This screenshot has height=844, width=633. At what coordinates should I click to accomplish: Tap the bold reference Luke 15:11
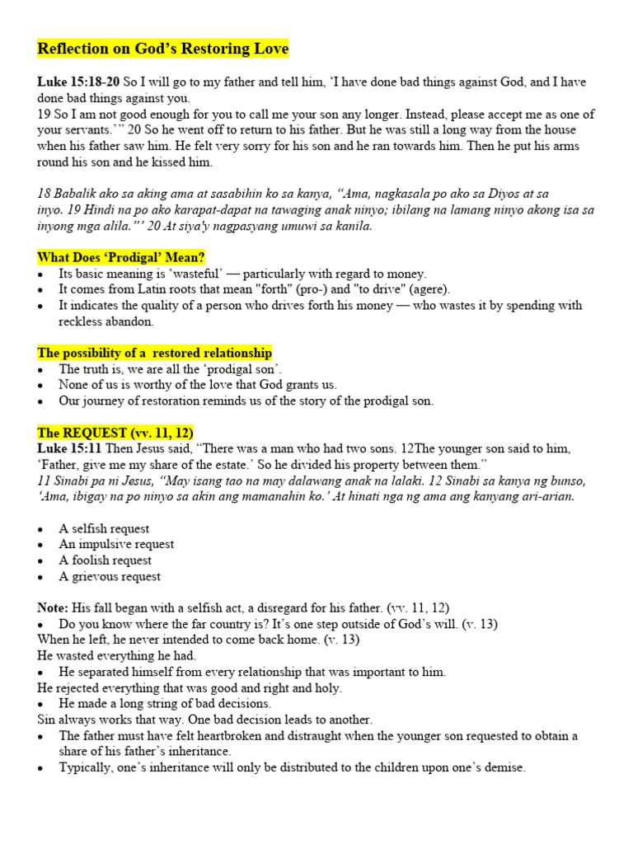coord(69,448)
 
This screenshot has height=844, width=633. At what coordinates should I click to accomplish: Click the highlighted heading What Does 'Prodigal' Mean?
coord(121,257)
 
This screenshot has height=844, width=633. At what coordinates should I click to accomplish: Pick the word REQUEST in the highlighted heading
coord(91,433)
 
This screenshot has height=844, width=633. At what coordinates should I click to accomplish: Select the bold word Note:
coord(53,608)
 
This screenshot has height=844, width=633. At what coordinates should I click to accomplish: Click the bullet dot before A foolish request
coord(41,561)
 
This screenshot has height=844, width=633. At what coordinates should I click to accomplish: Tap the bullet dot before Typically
coord(41,768)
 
